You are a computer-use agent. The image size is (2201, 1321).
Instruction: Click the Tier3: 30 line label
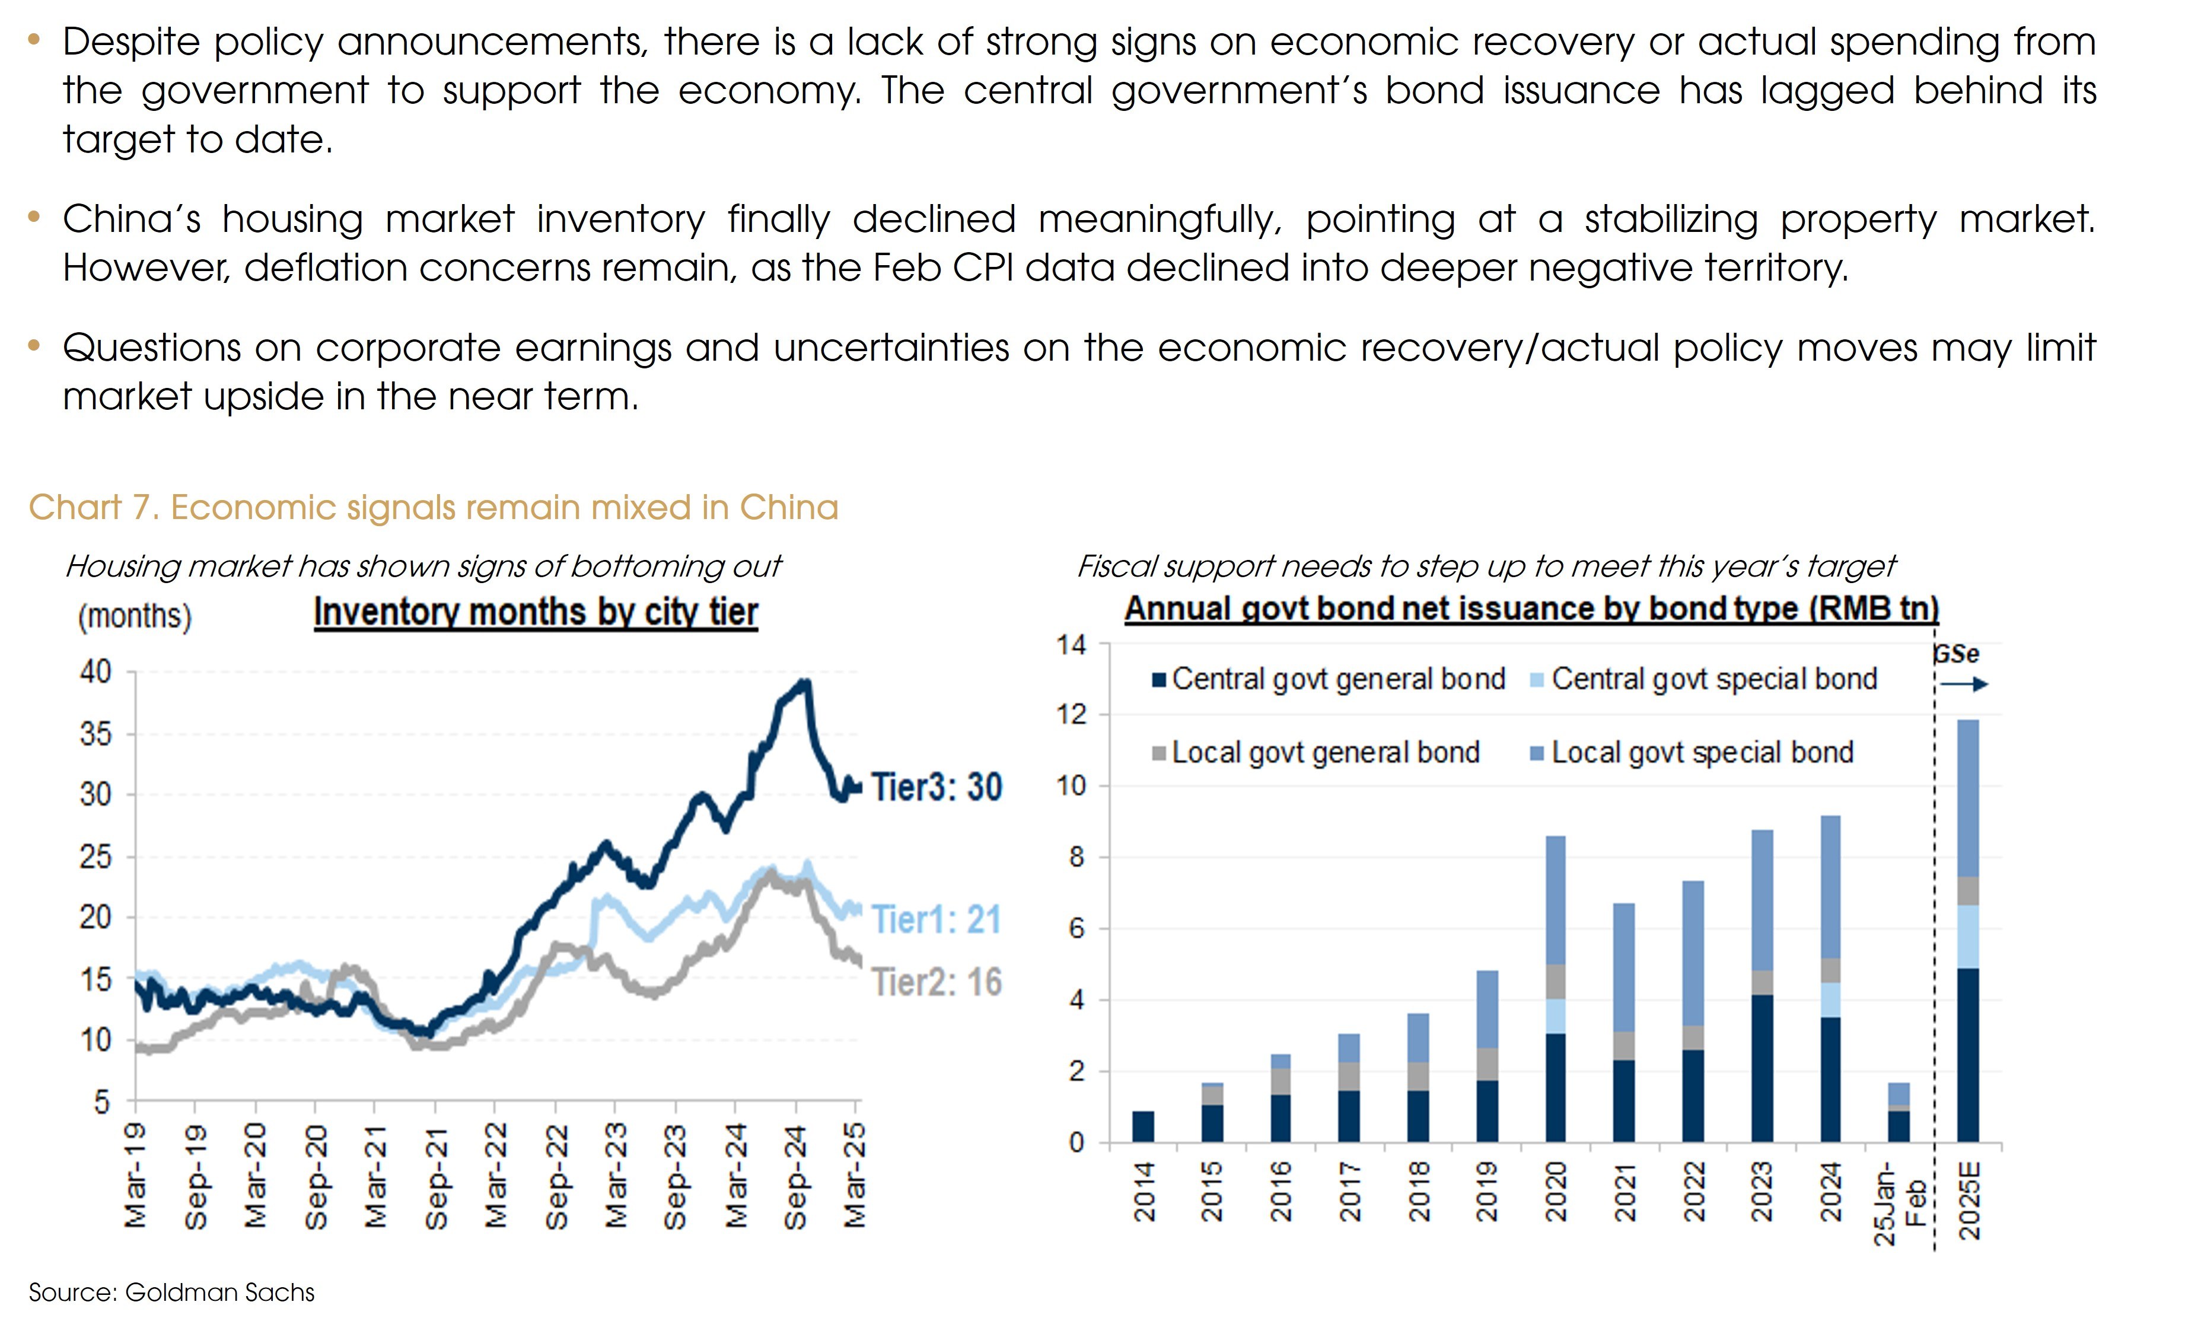pyautogui.click(x=937, y=787)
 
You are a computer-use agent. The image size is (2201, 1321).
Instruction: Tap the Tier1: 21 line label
pyautogui.click(x=937, y=919)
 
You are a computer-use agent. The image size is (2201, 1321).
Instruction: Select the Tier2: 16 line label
pyautogui.click(x=937, y=982)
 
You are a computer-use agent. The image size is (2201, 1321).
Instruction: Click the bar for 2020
pyautogui.click(x=1556, y=988)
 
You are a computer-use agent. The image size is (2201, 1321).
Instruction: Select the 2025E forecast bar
pyautogui.click(x=1968, y=930)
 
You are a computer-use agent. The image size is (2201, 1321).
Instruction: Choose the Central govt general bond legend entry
pyautogui.click(x=1328, y=679)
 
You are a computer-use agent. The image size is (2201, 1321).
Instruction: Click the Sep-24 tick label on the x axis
pyautogui.click(x=795, y=1177)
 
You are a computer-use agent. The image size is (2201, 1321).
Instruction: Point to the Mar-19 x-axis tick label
pyautogui.click(x=135, y=1177)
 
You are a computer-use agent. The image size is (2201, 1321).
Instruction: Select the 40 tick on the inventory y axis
pyautogui.click(x=96, y=671)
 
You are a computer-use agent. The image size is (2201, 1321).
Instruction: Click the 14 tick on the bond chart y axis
pyautogui.click(x=1072, y=644)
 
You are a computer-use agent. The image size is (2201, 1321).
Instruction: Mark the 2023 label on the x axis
pyautogui.click(x=1762, y=1191)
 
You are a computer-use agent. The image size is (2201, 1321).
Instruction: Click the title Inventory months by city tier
pyautogui.click(x=536, y=612)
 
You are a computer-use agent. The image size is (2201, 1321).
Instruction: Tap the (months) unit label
pyautogui.click(x=135, y=616)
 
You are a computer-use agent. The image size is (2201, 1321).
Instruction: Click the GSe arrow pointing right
pyautogui.click(x=1963, y=685)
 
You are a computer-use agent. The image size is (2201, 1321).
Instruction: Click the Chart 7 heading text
pyautogui.click(x=434, y=507)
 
